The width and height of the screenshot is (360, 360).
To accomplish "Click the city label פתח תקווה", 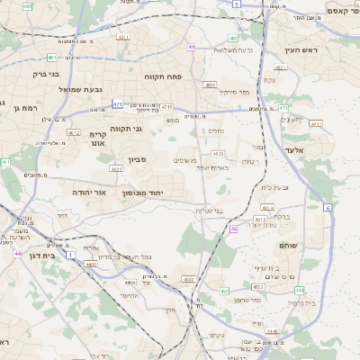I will [163, 77].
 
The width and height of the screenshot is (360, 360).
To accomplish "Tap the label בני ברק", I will [45, 74].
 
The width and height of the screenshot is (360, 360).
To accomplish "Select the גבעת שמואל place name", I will [58, 89].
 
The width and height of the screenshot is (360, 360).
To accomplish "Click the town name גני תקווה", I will [125, 129].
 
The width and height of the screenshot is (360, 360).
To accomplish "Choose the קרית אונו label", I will [98, 138].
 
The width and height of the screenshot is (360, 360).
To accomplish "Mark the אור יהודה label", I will [88, 193].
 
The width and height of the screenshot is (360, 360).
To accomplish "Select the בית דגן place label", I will [36, 256].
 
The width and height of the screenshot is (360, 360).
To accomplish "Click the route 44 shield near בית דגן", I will [17, 254].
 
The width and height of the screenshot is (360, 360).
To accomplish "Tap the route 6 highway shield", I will [328, 208].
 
